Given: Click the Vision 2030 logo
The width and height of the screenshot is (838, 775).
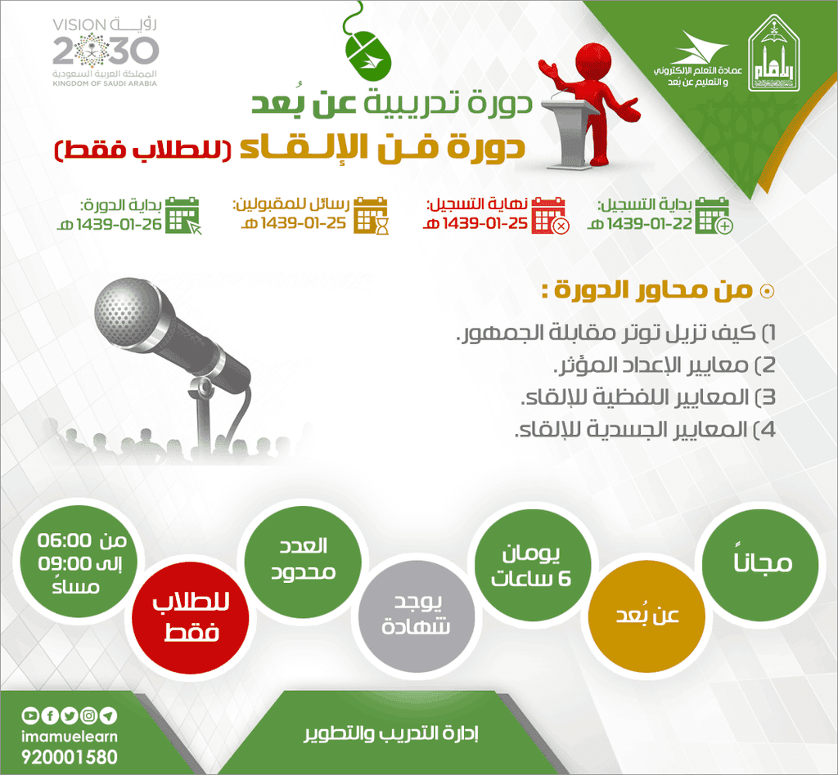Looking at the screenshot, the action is [x=105, y=52].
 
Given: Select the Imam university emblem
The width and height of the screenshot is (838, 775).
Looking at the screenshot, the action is [x=774, y=53].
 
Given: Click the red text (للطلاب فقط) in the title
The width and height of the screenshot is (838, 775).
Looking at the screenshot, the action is [x=143, y=150].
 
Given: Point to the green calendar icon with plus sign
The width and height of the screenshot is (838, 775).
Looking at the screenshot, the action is [x=714, y=215].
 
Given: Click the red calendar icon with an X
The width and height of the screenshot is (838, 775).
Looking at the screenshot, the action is [x=550, y=215].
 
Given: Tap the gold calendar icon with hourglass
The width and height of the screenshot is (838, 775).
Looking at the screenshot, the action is [x=372, y=215].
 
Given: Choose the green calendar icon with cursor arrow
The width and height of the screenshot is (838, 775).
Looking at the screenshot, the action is [x=182, y=215].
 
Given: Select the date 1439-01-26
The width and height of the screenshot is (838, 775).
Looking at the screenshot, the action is [x=119, y=224].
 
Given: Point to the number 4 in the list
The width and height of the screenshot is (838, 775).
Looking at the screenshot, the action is [x=768, y=430].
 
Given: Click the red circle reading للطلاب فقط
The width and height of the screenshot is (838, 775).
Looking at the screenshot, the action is [x=191, y=618].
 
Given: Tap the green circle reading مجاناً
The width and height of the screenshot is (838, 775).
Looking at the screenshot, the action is [x=760, y=562].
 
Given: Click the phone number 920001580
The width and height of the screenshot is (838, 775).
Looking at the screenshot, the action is [x=70, y=757].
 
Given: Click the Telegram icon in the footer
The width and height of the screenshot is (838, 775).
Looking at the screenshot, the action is [x=108, y=716].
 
